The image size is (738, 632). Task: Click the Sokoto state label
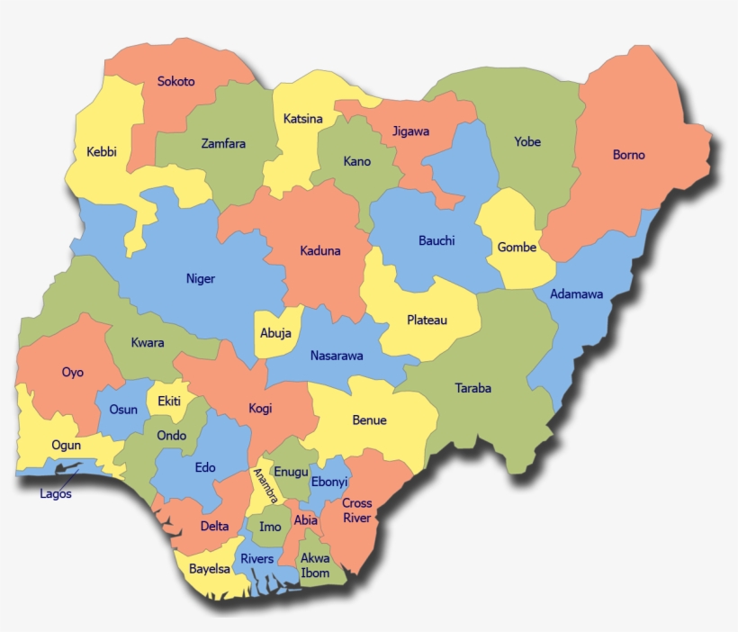pos(175,82)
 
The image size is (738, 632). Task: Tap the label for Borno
pos(628,155)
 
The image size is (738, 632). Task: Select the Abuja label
pos(275,333)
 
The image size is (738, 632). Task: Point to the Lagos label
pos(56,493)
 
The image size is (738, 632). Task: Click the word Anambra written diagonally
pos(265,487)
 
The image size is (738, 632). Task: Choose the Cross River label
pos(356,510)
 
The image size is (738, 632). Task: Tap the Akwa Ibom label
pos(315,565)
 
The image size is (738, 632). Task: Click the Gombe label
pos(517,248)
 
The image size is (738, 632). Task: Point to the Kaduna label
pos(319,250)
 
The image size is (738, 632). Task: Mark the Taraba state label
pos(472,389)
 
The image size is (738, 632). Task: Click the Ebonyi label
pos(328,482)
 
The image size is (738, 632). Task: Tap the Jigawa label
pos(410,131)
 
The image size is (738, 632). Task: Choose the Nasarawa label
pos(337,356)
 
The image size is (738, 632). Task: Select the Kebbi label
pos(102,151)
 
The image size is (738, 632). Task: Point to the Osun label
pos(123,410)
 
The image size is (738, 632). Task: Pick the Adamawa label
pos(576,294)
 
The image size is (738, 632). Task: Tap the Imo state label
pos(270,527)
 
